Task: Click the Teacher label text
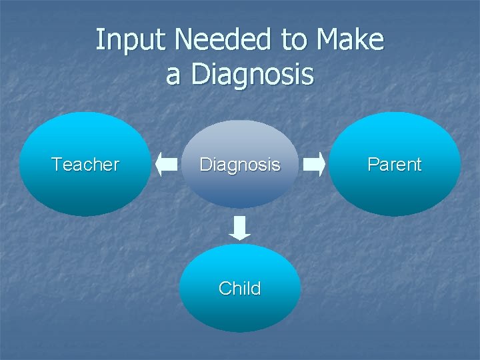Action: click(85, 165)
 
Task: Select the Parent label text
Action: click(395, 165)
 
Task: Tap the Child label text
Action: click(240, 289)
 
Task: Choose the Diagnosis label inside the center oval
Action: click(240, 165)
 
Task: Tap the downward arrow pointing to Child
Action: click(240, 227)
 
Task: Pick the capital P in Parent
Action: click(373, 164)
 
